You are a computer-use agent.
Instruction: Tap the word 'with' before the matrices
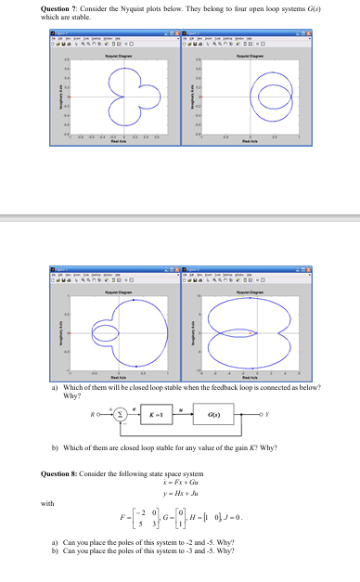tap(47, 504)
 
